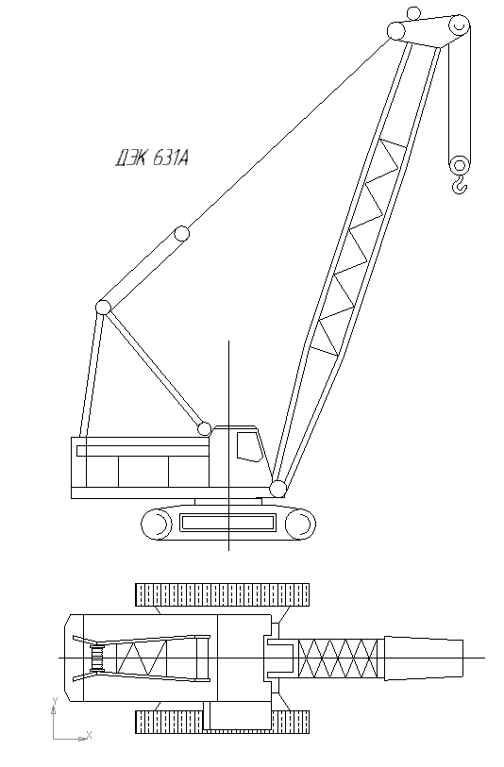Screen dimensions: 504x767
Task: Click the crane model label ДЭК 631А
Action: point(152,158)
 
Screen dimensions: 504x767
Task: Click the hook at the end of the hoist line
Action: point(460,186)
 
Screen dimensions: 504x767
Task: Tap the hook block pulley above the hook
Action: point(460,165)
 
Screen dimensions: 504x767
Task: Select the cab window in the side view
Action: point(248,446)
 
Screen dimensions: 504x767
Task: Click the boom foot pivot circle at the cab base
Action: point(277,489)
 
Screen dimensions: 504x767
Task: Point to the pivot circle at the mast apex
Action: point(103,308)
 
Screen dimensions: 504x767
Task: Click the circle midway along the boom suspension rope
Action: point(182,233)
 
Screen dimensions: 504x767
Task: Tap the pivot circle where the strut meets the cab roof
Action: point(205,429)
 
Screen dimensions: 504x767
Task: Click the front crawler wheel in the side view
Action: point(300,525)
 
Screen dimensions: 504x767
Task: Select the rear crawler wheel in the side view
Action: point(156,525)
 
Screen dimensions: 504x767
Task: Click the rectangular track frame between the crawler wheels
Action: point(228,523)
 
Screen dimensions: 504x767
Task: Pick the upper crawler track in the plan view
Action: point(222,594)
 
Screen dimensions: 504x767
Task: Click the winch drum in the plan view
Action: point(98,659)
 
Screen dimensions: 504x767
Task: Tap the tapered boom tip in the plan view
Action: point(424,659)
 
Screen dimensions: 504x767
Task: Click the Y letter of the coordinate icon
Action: point(56,700)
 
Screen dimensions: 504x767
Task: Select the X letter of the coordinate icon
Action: point(89,734)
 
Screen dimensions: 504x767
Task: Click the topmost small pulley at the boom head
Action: point(414,13)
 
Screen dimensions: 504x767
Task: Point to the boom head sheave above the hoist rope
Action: point(460,25)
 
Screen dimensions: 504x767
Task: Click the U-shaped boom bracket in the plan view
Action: point(279,659)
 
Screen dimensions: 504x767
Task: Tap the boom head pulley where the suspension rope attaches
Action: point(395,31)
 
